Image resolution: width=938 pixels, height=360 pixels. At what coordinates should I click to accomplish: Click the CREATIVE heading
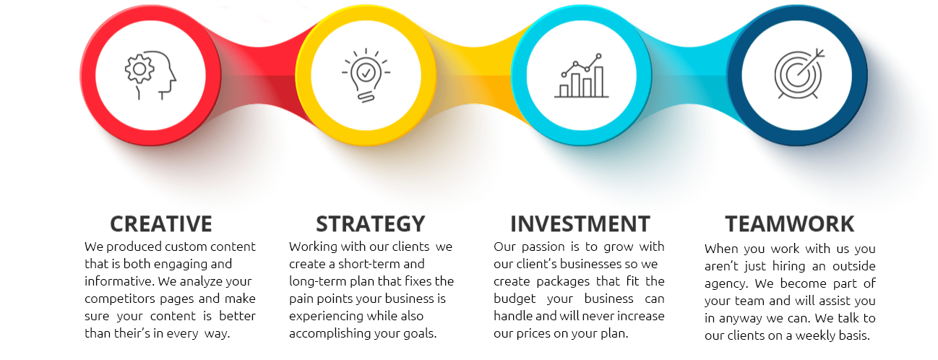tap(161, 224)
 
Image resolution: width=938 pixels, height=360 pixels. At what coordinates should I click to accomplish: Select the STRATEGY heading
tap(371, 224)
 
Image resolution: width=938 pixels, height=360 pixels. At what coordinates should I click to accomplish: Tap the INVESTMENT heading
tap(580, 224)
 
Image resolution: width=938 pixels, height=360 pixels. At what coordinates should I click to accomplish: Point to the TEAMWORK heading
tap(790, 224)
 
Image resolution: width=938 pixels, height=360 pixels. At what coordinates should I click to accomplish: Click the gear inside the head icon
tap(139, 68)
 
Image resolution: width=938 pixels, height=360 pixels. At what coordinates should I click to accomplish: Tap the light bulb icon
tap(366, 75)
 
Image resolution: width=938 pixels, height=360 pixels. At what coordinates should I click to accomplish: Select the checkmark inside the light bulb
tap(366, 73)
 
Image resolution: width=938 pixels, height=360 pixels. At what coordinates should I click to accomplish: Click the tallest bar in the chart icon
tap(598, 81)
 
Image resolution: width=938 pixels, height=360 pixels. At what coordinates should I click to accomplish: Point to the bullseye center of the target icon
tap(797, 75)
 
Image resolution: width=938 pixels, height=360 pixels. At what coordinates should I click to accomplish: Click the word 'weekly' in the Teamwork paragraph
tap(814, 335)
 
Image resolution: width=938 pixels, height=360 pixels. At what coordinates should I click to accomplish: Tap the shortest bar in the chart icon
tap(564, 90)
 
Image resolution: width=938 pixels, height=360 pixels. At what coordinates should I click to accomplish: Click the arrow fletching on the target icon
tap(819, 53)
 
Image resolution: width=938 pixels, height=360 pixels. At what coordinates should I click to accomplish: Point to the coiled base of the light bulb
tap(366, 98)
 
